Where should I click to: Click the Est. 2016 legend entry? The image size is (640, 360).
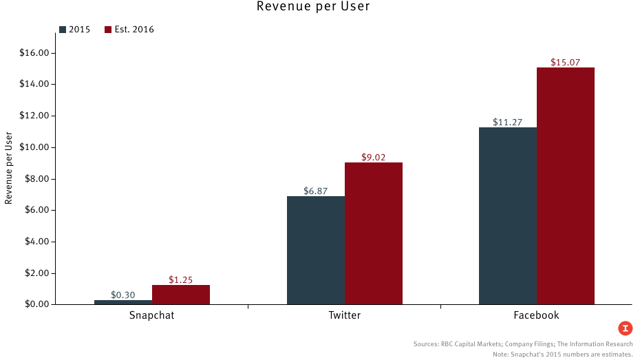point(129,30)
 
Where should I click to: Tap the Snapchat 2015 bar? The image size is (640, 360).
point(123,302)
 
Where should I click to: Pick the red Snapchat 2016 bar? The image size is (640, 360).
point(181,295)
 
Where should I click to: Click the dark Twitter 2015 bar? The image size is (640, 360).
point(316,251)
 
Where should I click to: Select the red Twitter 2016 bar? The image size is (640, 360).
point(374,233)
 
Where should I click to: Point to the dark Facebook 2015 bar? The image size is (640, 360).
point(508,216)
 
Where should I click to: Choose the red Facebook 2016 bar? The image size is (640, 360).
point(566,186)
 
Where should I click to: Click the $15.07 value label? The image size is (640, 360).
point(566,63)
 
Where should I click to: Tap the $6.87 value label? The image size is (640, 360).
point(316,191)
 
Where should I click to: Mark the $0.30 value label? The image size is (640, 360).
point(123,295)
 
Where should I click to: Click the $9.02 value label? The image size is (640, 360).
point(374,157)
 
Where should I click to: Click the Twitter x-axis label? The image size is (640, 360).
point(344,315)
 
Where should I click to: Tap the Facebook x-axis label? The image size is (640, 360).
point(536,315)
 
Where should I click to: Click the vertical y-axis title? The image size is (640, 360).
point(9,167)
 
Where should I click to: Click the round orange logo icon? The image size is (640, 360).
point(625,328)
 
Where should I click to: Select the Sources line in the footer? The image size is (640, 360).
point(523,343)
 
